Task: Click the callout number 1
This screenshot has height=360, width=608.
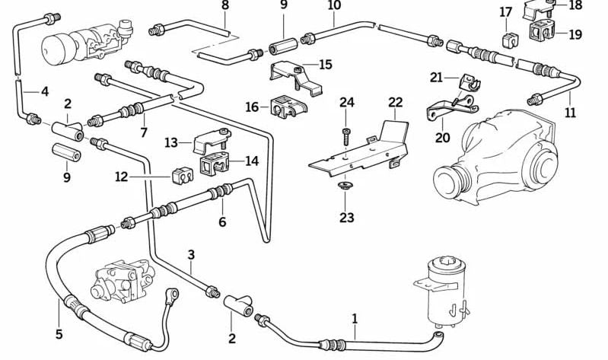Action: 355,318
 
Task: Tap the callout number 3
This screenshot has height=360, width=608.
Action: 192,254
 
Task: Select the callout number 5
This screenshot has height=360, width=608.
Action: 59,334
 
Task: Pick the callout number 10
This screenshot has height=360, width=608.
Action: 334,5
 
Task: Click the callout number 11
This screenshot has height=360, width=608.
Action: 571,113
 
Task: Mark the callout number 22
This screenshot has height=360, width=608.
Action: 395,102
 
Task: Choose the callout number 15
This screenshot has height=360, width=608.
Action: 326,65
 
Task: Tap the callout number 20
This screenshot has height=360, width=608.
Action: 442,138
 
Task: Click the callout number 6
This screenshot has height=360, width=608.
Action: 222,222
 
